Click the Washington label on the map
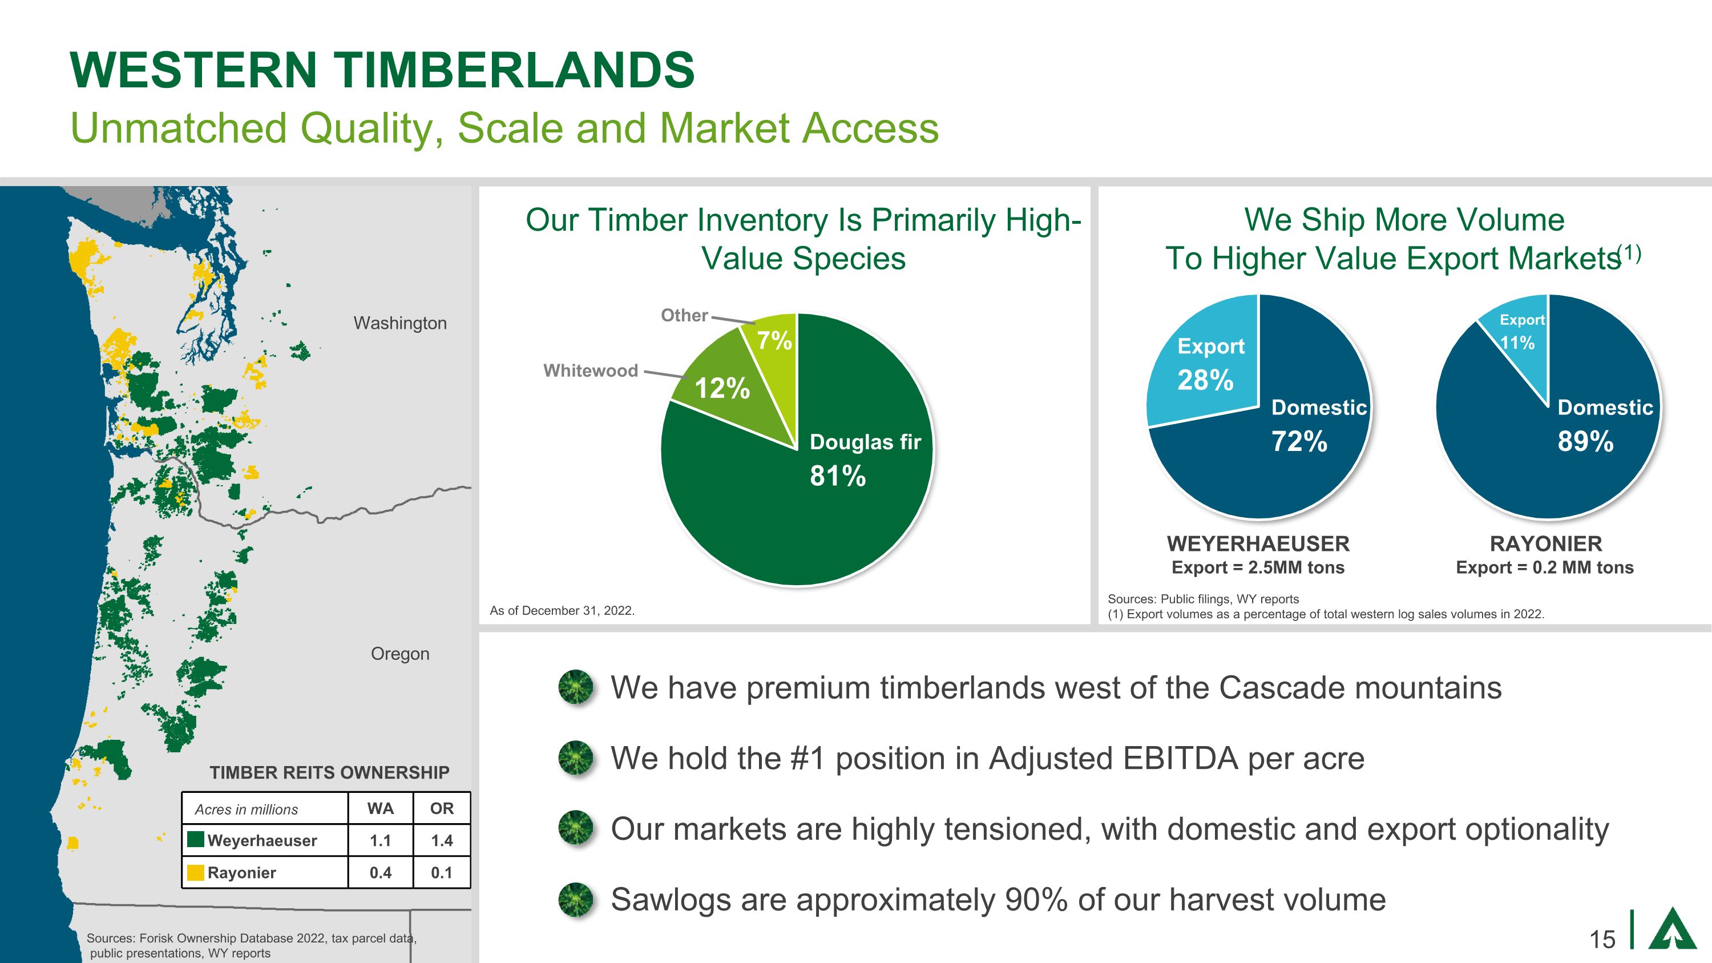(x=400, y=324)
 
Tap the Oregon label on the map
(x=400, y=654)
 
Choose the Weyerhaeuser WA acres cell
(x=380, y=841)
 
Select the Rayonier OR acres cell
(x=442, y=873)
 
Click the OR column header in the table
(x=442, y=808)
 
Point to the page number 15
(x=1602, y=940)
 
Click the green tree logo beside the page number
(x=1672, y=927)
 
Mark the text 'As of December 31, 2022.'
(x=562, y=611)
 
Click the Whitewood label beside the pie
(x=591, y=371)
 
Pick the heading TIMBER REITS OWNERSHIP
(x=330, y=772)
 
